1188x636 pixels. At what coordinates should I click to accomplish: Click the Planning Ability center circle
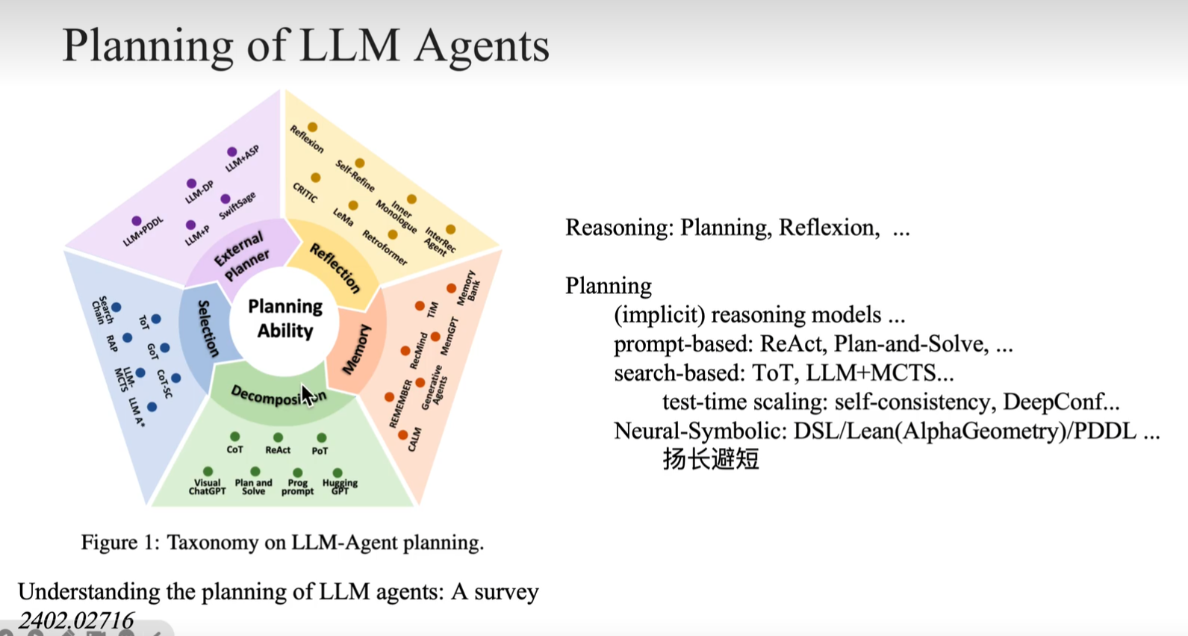[285, 319]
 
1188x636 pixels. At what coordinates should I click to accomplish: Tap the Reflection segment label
[335, 268]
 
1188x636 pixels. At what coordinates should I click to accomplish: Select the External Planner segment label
[241, 255]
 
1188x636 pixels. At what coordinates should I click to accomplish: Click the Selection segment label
[208, 328]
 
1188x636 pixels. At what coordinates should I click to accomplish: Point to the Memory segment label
[356, 349]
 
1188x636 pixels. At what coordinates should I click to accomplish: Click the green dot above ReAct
[278, 437]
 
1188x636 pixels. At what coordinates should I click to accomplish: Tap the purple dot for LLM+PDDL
[137, 221]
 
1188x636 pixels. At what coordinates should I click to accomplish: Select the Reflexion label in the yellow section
[307, 140]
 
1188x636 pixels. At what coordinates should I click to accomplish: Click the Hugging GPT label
[340, 487]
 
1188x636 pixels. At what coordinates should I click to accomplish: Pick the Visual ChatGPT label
[207, 487]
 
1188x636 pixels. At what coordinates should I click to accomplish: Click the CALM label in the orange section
[414, 440]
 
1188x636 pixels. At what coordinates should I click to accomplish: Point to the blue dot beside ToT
[156, 319]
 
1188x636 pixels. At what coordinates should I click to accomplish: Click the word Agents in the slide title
[482, 46]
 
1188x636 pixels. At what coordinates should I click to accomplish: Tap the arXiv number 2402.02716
[76, 620]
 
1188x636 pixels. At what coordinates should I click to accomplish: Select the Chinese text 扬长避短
[710, 458]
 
